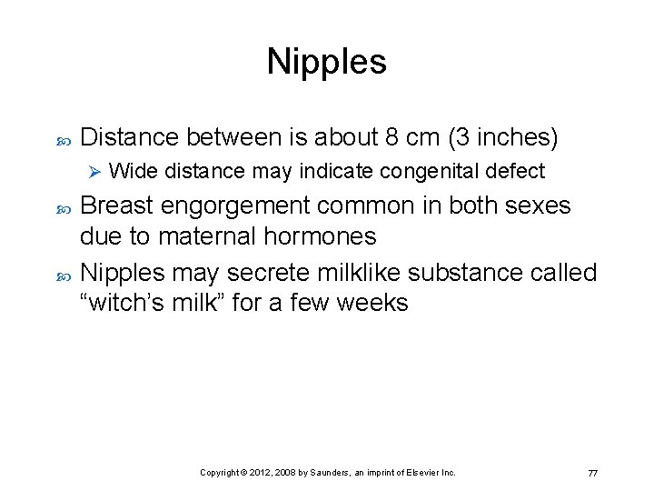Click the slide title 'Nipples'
click(326, 62)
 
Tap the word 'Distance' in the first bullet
click(129, 137)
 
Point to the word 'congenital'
click(431, 171)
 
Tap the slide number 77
click(592, 473)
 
